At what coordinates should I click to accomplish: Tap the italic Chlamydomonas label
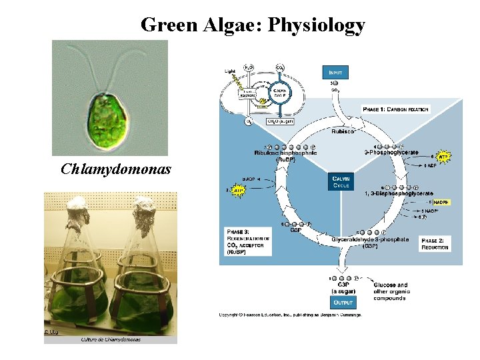(116, 169)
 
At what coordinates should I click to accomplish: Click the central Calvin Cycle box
(340, 181)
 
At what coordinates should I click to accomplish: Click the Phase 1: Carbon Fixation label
(396, 109)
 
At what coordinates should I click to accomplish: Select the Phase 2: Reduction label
(435, 243)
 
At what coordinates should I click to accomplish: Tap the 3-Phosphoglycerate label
(391, 153)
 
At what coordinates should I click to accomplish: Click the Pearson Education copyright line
(290, 315)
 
